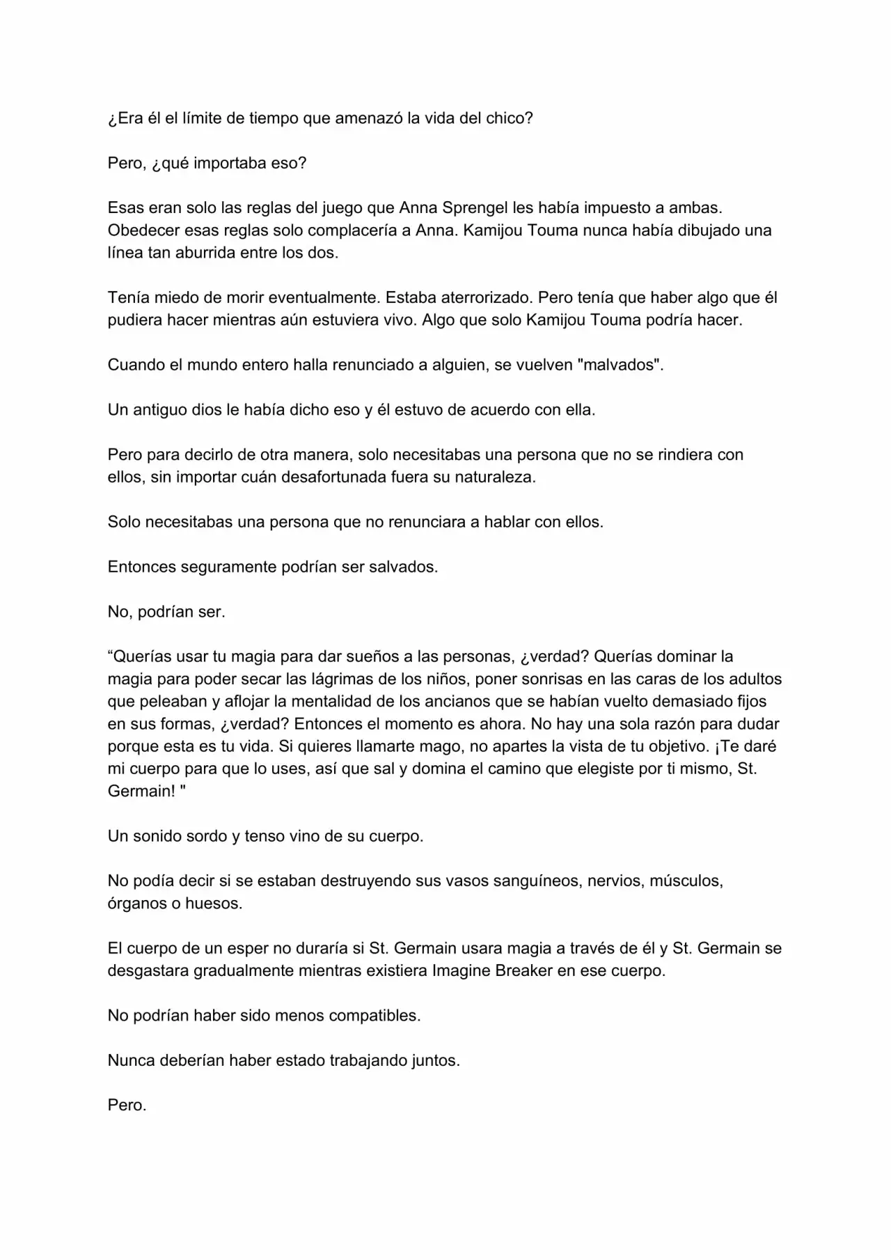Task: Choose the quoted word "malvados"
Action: tap(620, 365)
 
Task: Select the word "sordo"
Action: tap(208, 836)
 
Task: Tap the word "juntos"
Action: tap(433, 1061)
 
